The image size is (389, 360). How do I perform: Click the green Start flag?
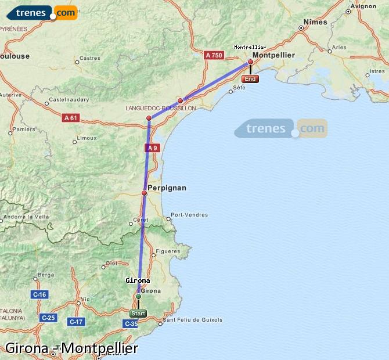tap(138, 313)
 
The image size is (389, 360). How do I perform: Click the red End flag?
tap(250, 79)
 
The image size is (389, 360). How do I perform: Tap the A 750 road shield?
tap(214, 55)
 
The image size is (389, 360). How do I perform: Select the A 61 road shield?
tap(70, 118)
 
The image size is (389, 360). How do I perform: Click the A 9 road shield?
tap(152, 148)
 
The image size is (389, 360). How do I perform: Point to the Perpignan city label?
tap(167, 188)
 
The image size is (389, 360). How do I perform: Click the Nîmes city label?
tap(315, 22)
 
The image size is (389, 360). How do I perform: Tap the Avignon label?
tap(364, 6)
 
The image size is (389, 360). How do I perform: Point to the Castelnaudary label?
tap(69, 100)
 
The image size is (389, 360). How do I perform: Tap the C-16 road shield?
tap(39, 295)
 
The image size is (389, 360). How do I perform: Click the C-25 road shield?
tap(48, 318)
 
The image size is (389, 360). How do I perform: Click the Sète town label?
tap(239, 88)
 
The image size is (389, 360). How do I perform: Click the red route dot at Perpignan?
tap(145, 193)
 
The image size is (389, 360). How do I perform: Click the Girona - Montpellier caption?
tap(71, 348)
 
